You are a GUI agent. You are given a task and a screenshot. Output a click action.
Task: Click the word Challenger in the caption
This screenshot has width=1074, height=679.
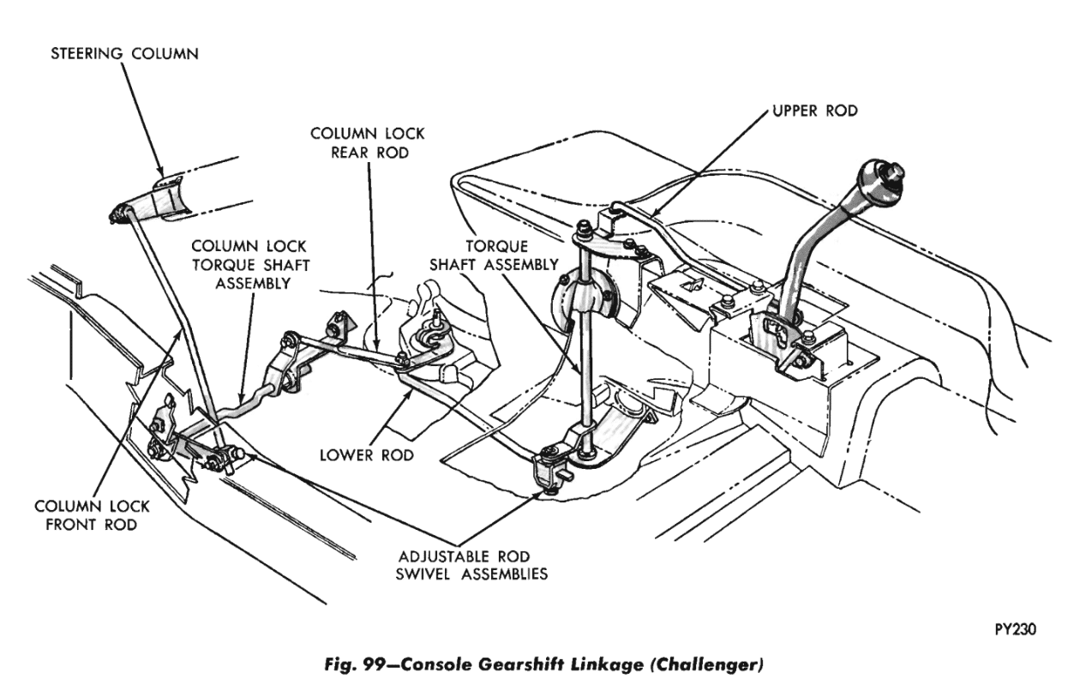pos(704,663)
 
